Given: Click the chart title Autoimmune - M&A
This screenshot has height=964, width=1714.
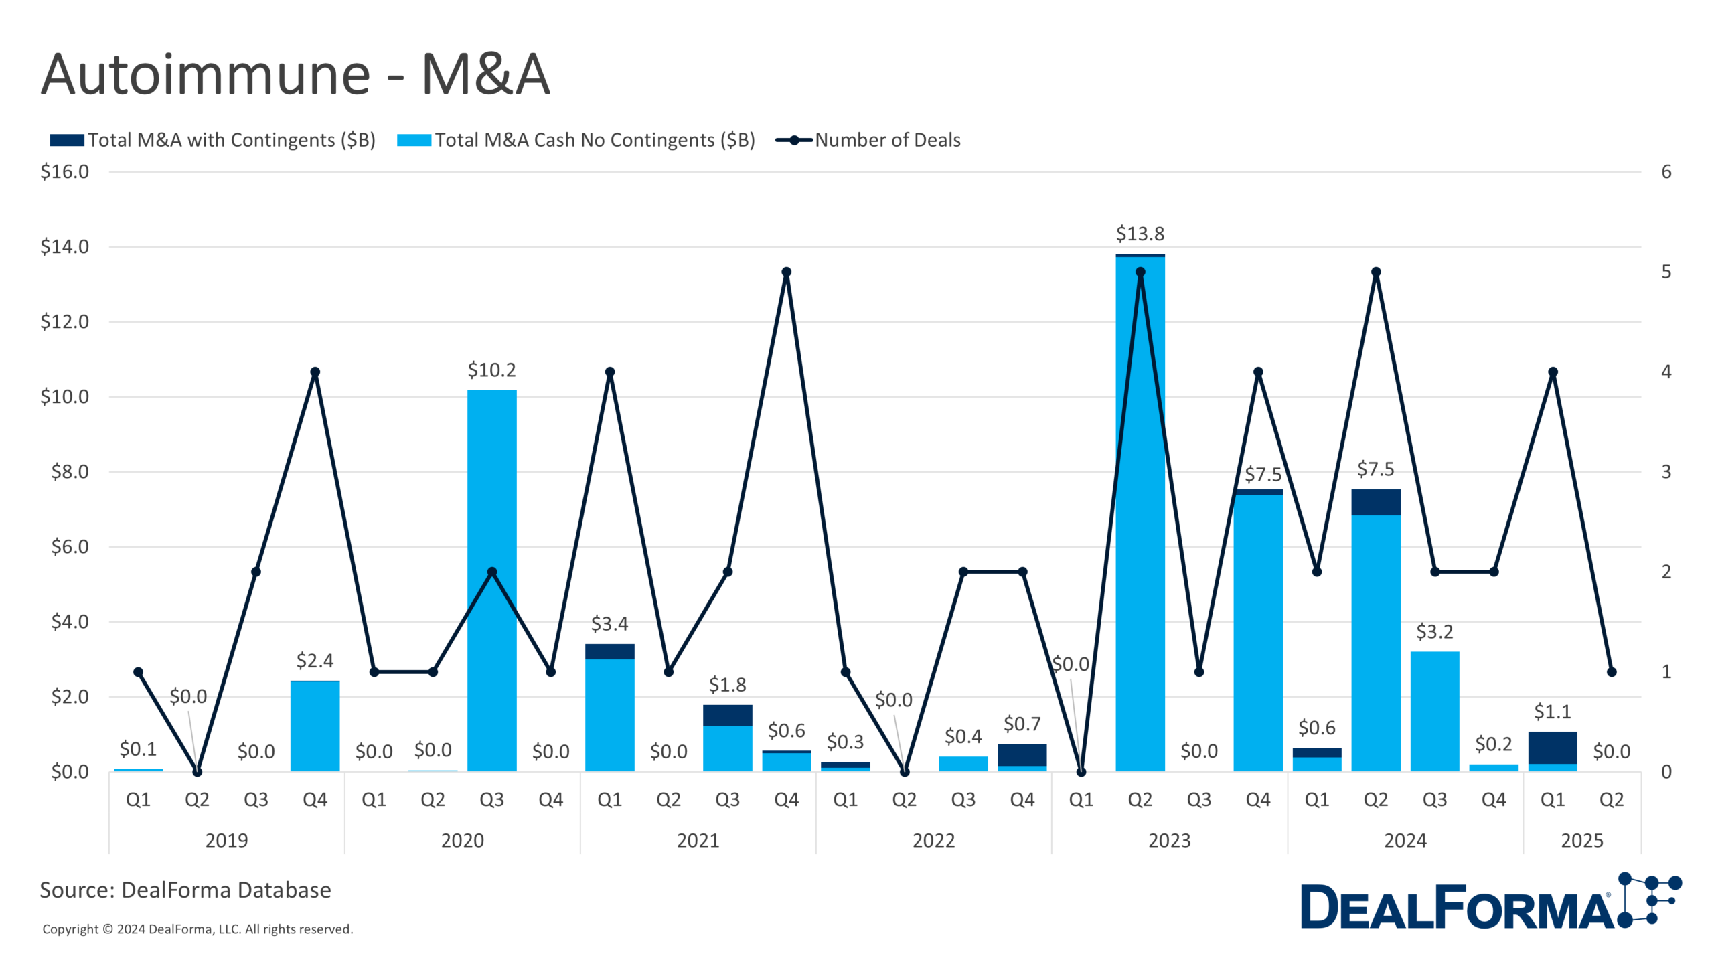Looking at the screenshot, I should (295, 74).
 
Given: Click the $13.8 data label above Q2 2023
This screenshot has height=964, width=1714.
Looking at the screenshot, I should (1140, 234).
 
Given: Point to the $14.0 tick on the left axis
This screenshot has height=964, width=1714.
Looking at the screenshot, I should (64, 247).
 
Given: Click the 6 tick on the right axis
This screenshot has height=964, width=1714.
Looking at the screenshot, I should (1666, 172).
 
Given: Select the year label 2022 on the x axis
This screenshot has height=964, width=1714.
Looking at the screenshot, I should (933, 840).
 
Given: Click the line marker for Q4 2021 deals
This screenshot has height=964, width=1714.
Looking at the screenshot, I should (787, 272).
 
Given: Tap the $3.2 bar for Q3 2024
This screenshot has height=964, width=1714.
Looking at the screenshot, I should (1434, 711).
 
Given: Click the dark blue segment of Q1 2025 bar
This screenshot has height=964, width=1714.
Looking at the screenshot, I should (1552, 747).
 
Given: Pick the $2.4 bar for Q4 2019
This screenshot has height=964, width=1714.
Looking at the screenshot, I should (315, 726).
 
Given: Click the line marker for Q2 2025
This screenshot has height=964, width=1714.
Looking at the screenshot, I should (1612, 672).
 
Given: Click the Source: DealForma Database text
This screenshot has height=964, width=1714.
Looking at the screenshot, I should (185, 890).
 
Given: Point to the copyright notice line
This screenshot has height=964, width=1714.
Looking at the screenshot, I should (198, 929).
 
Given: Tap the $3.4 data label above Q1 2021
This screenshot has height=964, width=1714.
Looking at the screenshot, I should (609, 624).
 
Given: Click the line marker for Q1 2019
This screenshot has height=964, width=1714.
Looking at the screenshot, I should (138, 672).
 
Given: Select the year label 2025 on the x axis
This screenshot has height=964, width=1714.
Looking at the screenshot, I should (1581, 840).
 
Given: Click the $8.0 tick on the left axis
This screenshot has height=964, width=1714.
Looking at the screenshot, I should (70, 472).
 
